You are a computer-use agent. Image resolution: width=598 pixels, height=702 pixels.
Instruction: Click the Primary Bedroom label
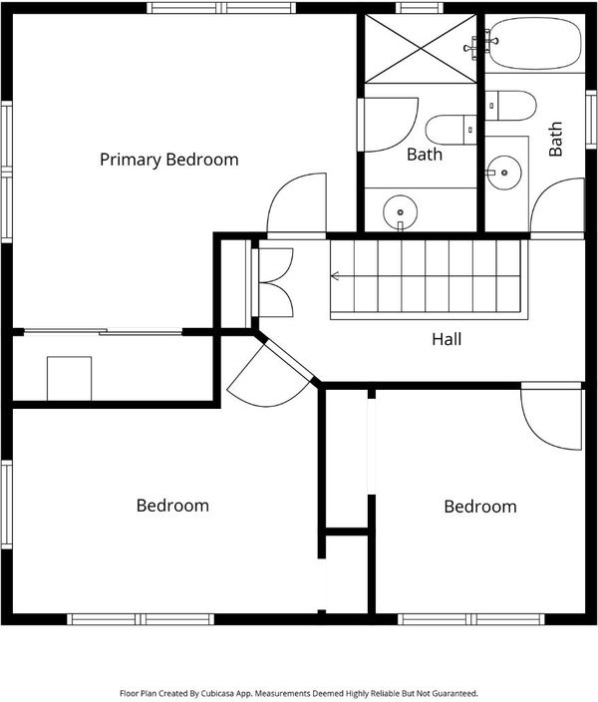coord(168,160)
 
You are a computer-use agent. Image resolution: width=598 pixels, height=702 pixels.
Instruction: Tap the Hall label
coord(447,339)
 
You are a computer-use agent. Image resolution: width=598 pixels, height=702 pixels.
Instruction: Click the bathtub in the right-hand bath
coord(535,44)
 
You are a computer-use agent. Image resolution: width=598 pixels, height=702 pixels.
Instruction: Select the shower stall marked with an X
coord(421,48)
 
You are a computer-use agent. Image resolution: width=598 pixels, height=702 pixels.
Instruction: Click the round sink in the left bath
coord(400,211)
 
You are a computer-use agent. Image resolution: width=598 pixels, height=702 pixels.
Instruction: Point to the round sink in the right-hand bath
coord(504,173)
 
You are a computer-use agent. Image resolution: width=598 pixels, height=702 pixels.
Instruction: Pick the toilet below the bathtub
coord(510,106)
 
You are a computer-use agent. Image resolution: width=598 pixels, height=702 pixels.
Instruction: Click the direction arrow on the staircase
coord(335,276)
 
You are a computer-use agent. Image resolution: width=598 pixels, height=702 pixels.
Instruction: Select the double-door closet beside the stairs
coord(274,282)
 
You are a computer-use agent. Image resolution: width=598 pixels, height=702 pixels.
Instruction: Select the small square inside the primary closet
coord(70,378)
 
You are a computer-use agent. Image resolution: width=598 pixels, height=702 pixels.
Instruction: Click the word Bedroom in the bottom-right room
coord(480,507)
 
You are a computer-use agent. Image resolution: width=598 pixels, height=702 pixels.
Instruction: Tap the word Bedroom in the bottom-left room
coord(172,506)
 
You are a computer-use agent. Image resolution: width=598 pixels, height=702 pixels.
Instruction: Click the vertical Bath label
coord(555,139)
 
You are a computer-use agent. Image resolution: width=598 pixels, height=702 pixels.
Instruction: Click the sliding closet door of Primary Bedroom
coord(103,332)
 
